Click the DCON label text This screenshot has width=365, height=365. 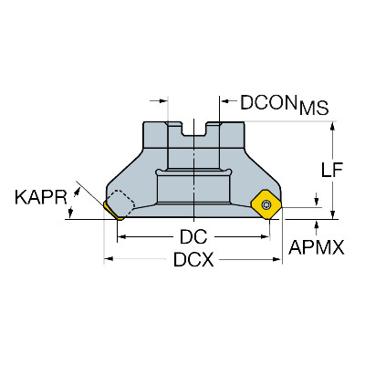click(x=268, y=102)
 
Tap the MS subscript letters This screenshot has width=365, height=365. click(x=314, y=109)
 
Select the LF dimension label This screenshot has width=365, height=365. click(x=332, y=170)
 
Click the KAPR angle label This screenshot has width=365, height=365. click(x=41, y=197)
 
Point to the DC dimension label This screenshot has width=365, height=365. click(x=193, y=236)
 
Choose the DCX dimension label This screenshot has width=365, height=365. click(x=193, y=260)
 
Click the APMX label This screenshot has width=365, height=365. click(x=317, y=247)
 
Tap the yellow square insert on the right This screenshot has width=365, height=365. click(x=266, y=204)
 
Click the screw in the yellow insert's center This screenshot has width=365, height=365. click(x=267, y=204)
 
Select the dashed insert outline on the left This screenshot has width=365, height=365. click(x=120, y=202)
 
